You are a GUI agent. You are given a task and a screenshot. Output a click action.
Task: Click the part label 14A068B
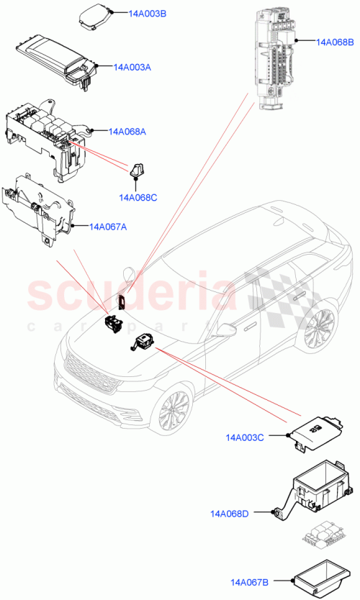pos(335,42)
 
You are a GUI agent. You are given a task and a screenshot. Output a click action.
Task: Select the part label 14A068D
pos(229,514)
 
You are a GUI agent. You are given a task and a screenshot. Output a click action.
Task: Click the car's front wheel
pos(173,415)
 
